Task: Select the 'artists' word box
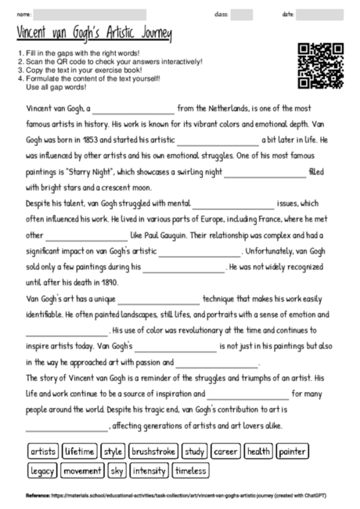coord(43,452)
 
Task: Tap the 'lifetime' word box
coord(79,452)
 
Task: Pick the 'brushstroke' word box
coord(153,452)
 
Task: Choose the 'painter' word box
coord(291,452)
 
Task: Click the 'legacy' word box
coord(41,471)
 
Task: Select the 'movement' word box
coord(82,471)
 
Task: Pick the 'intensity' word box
coord(149,471)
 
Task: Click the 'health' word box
coord(257,452)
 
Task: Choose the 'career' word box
coord(225,452)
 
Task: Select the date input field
coord(319,15)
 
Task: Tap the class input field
coord(242,15)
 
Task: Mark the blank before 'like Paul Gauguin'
coord(86,235)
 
